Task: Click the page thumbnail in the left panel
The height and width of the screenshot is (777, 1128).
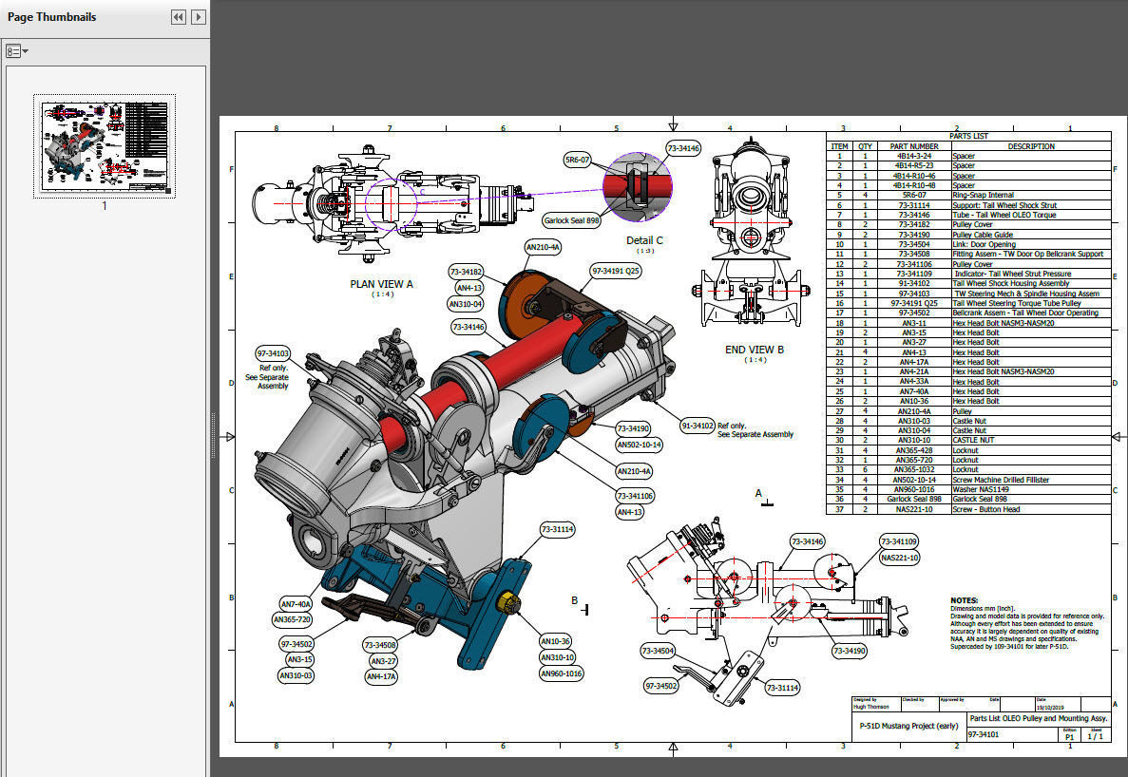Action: (x=105, y=145)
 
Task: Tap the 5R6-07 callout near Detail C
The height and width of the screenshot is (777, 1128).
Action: (x=577, y=160)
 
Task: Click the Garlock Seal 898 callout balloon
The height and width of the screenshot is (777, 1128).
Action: (x=570, y=220)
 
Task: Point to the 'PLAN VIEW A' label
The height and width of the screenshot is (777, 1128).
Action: (x=382, y=283)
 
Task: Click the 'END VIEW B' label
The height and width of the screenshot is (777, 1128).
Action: (x=755, y=350)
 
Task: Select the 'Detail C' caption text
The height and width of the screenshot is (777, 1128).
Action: (x=644, y=240)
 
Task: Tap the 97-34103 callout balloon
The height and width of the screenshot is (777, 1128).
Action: (x=273, y=354)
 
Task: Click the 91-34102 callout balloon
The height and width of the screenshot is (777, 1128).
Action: (x=698, y=426)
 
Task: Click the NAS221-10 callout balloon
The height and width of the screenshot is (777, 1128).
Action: (x=899, y=558)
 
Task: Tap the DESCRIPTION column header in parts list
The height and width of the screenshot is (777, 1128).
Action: (x=1030, y=146)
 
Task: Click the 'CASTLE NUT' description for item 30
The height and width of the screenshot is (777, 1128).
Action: (x=975, y=441)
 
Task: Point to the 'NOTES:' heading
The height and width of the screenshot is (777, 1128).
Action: (x=965, y=600)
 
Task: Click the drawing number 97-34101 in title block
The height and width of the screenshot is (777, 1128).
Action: (x=985, y=735)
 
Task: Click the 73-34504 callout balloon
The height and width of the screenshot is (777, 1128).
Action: (x=659, y=651)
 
